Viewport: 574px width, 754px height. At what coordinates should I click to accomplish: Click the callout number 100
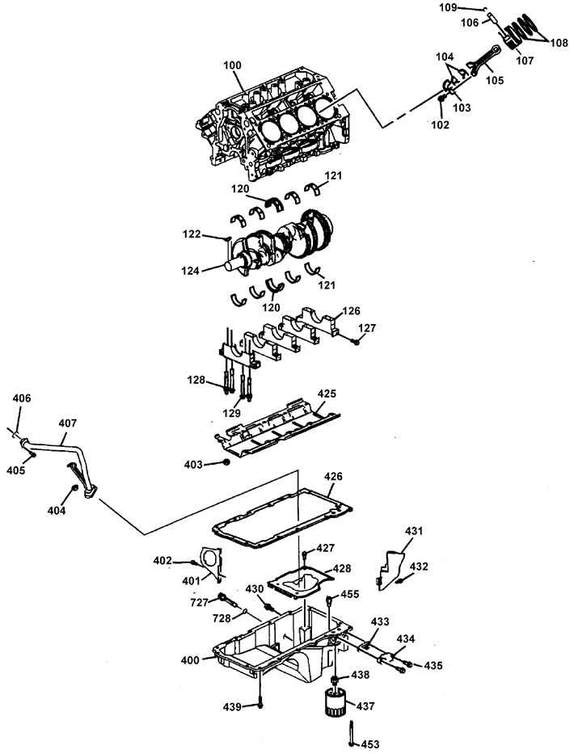(232, 65)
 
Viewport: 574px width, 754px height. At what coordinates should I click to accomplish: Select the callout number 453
(370, 744)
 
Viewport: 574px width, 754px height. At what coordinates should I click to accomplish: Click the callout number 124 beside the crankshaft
(191, 272)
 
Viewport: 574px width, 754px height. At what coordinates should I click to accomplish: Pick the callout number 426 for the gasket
(333, 476)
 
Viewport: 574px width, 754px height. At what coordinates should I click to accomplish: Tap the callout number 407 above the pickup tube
(67, 423)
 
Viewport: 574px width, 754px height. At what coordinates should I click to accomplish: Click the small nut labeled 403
(226, 462)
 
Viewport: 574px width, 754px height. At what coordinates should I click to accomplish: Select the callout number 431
(414, 531)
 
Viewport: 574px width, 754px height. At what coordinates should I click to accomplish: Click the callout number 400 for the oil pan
(190, 660)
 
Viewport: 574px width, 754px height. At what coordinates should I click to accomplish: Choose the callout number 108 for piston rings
(558, 44)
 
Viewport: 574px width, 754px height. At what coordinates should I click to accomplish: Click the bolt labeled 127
(355, 342)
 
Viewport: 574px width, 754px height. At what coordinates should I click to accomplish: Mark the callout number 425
(327, 394)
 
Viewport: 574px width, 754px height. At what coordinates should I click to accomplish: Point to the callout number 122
(192, 234)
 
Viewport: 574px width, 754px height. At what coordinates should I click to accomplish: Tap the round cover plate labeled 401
(211, 562)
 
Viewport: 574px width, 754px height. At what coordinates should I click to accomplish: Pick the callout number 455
(350, 594)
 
